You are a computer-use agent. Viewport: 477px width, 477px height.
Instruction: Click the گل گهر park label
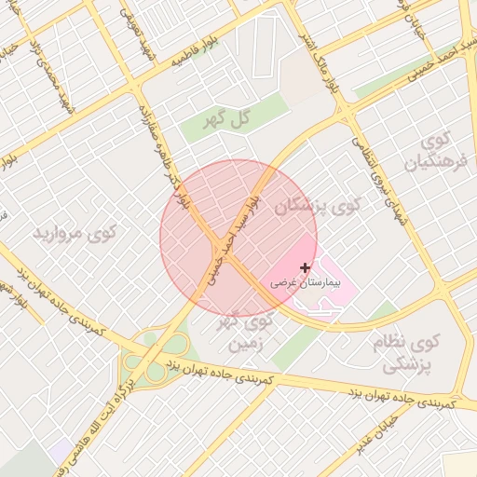coord(228,119)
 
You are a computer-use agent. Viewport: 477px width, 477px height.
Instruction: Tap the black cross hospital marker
coord(306,267)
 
